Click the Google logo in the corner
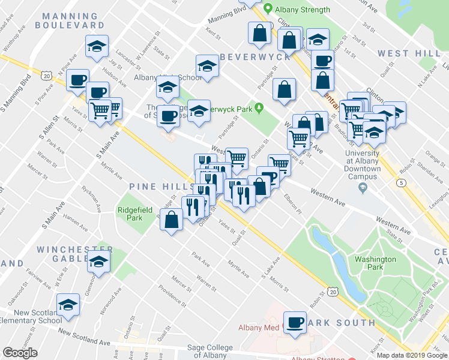point(20,353)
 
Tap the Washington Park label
point(375,263)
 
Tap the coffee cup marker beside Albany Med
point(295,322)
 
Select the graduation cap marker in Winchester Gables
point(98,262)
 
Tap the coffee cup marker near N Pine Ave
point(77,80)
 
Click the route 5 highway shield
point(401,181)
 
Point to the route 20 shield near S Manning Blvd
point(46,76)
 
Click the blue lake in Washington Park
point(339,264)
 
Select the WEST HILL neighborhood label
point(402,53)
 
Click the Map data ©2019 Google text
point(411,355)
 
